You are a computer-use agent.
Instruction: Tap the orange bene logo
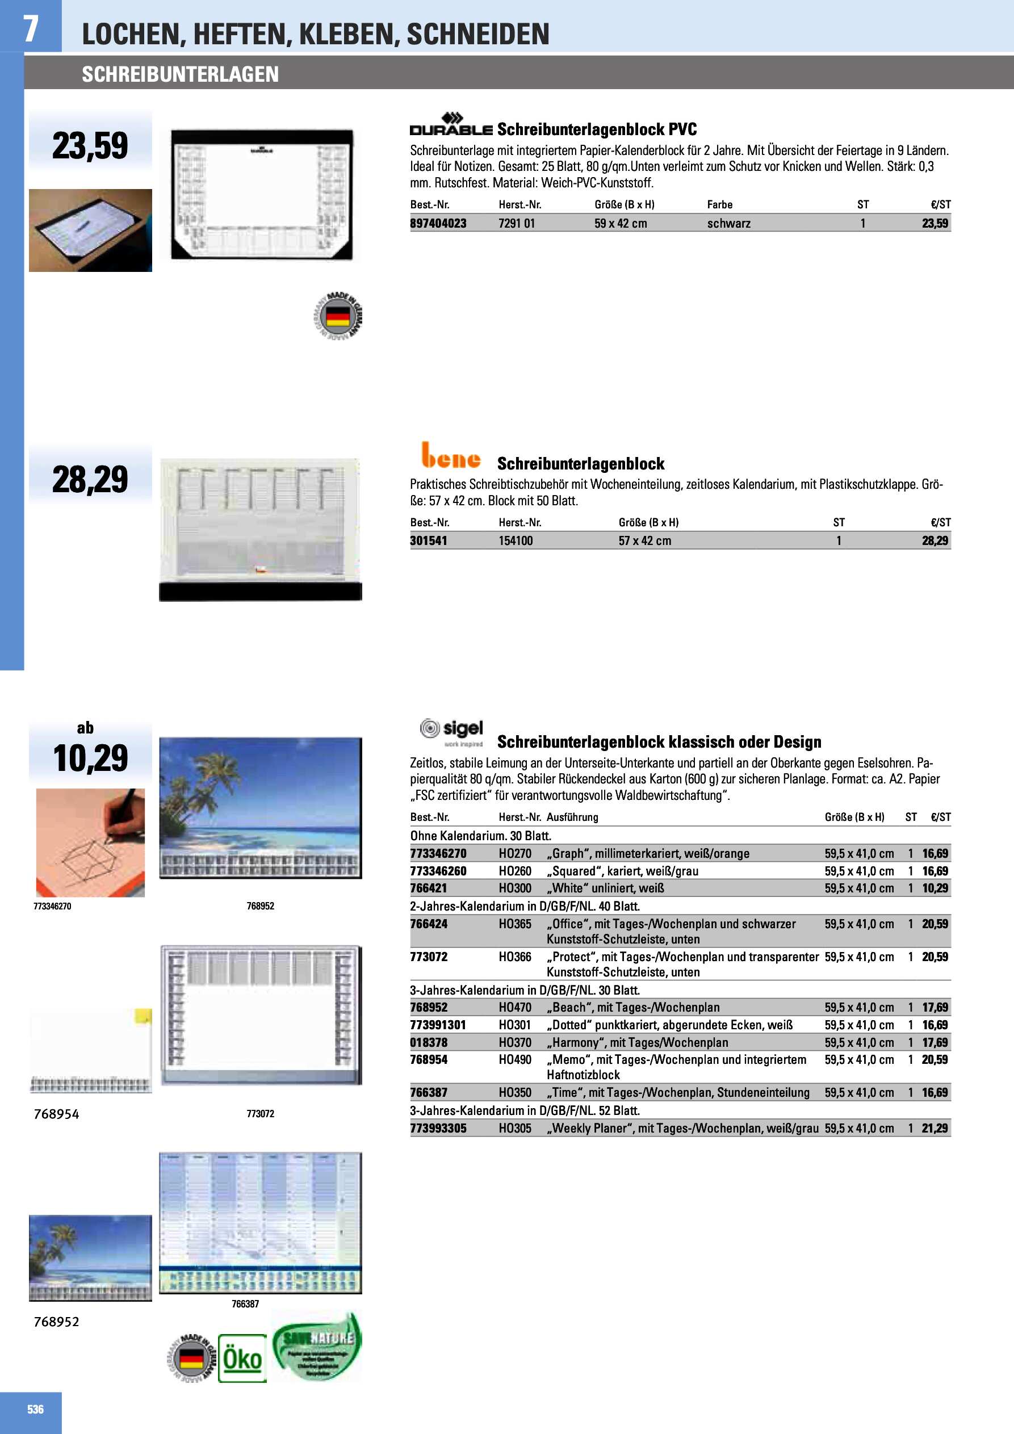tap(451, 456)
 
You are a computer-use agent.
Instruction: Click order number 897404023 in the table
tap(438, 224)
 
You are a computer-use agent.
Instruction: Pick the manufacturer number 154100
tap(516, 541)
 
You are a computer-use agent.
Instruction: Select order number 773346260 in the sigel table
tap(438, 871)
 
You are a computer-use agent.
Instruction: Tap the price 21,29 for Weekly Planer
tap(935, 1129)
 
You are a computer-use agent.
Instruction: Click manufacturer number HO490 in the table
tap(515, 1060)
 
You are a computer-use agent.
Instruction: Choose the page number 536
tap(36, 1409)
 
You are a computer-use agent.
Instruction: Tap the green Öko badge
tap(242, 1359)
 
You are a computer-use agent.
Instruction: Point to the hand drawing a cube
tap(91, 842)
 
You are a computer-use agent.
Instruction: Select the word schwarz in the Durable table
tap(728, 224)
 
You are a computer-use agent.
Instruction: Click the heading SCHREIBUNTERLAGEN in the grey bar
tap(180, 74)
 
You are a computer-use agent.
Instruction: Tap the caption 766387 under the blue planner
tap(245, 1304)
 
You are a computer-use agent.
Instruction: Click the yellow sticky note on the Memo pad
tap(143, 1017)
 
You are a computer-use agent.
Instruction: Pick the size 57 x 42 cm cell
tap(645, 541)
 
